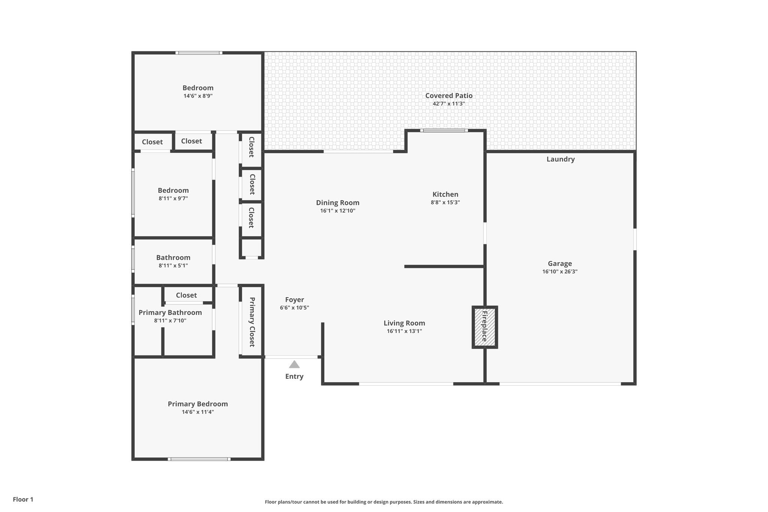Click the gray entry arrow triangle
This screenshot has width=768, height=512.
click(294, 365)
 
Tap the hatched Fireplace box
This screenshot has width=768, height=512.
click(484, 327)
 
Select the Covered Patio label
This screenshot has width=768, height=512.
click(448, 96)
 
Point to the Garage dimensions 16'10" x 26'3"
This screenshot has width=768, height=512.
click(559, 272)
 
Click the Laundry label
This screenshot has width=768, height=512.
click(560, 159)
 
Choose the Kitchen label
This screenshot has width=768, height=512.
click(445, 194)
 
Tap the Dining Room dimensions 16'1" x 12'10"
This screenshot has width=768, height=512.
click(337, 211)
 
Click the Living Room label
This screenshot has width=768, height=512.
click(404, 323)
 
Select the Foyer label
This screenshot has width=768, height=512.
click(294, 300)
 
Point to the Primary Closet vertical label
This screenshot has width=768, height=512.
click(252, 322)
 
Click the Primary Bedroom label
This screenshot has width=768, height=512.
click(198, 404)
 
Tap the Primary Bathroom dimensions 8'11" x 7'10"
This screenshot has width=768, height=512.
click(170, 321)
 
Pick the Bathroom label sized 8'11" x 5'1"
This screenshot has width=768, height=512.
click(173, 258)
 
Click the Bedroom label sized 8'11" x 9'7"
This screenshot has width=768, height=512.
click(173, 191)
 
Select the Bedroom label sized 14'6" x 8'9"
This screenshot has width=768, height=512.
click(198, 88)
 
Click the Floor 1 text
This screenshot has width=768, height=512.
click(23, 499)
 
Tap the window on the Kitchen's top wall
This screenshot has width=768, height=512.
click(444, 131)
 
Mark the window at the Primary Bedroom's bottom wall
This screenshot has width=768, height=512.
click(199, 459)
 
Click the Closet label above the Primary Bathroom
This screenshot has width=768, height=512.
click(186, 295)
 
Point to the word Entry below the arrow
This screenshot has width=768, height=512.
click(294, 376)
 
